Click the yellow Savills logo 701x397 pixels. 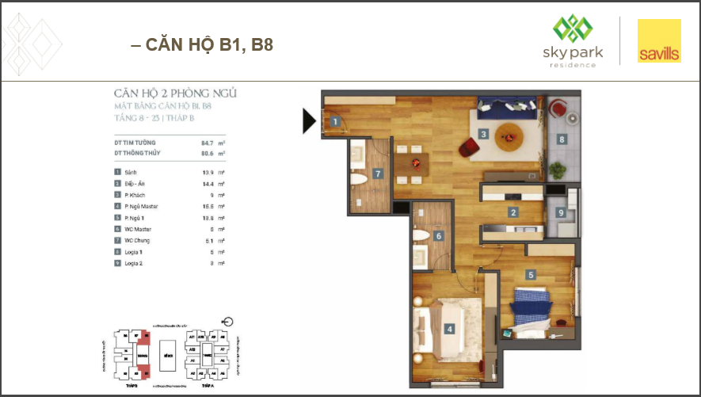coord(659,42)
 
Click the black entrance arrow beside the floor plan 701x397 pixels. coord(310,120)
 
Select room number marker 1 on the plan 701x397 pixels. coord(336,122)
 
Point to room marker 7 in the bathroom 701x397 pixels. coord(379,174)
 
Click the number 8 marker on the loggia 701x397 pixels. coord(562,139)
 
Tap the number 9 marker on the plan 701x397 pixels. coord(561,212)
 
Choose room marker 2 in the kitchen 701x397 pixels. coord(513,212)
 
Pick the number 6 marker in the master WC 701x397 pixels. coord(438,235)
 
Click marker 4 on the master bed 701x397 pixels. coord(449,329)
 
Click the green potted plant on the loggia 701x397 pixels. coord(559,170)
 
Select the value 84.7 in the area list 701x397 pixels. coord(199,143)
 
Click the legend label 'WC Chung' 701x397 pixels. coord(139,240)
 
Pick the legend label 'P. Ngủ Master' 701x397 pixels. coord(142,205)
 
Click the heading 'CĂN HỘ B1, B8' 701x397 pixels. coord(202,44)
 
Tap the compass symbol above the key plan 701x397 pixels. coord(229,322)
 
